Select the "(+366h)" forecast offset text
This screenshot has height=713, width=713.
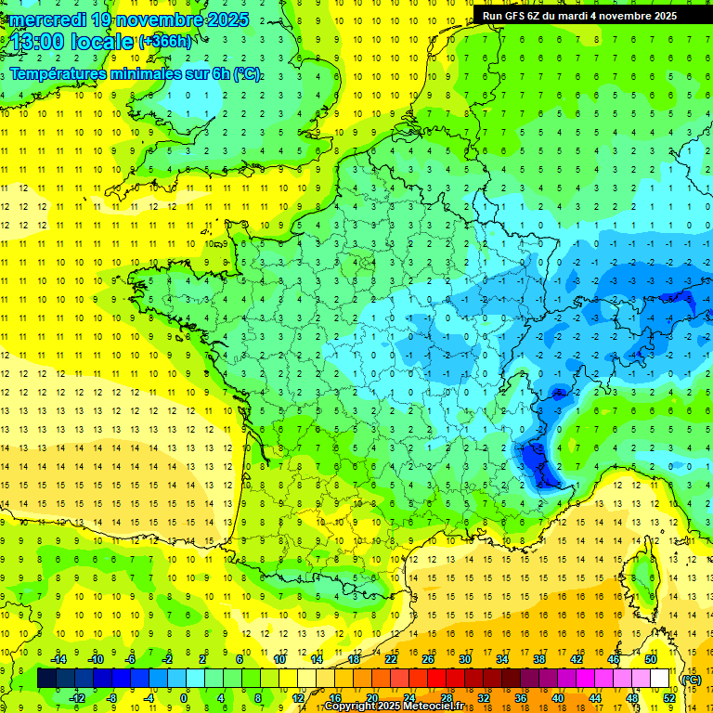point(164,42)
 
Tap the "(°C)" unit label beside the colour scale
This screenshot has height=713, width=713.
point(691,679)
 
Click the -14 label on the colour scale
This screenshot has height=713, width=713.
point(58,659)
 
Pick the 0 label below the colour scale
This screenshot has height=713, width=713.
point(184,698)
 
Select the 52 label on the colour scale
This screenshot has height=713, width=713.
point(668,698)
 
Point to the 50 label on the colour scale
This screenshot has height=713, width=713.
point(650,659)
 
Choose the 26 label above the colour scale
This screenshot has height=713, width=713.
point(428,659)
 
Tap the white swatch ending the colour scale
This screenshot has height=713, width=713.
point(659,679)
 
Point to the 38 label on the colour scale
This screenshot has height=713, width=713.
point(538,659)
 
